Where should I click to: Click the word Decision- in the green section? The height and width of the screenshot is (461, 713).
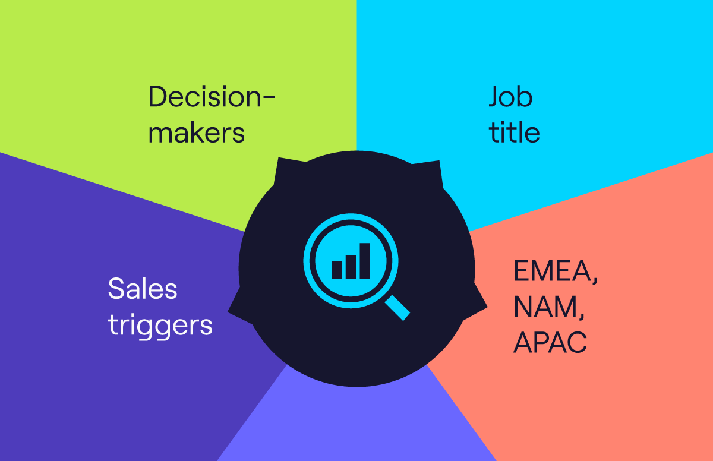212,97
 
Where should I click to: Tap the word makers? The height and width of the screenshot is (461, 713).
197,133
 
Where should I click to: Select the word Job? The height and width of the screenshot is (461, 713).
510,97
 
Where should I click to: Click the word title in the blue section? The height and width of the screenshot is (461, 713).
515,132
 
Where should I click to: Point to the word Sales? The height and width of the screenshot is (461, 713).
143,289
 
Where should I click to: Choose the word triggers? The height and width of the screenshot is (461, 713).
160,326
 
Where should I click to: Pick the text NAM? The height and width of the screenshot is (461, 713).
546,307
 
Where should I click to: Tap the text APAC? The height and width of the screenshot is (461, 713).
550,342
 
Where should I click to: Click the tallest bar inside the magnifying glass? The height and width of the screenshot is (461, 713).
365,261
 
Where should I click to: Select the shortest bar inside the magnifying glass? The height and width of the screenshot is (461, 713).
337,270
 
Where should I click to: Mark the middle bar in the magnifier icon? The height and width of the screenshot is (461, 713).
351,267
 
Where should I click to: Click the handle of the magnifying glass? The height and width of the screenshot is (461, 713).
397,308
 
